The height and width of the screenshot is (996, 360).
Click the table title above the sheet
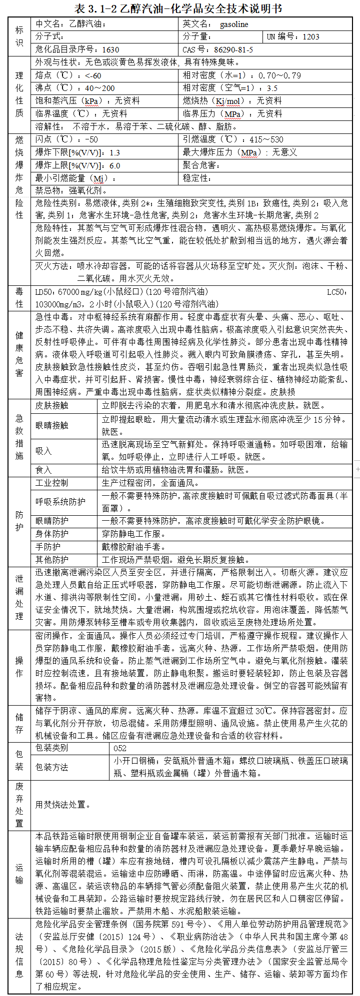pyautogui.click(x=178, y=8)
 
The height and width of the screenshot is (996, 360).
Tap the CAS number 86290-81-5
pyautogui.click(x=233, y=49)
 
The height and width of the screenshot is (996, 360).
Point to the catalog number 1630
pyautogui.click(x=110, y=49)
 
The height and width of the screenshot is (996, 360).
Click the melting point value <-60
pyautogui.click(x=93, y=75)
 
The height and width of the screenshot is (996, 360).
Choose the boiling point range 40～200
pyautogui.click(x=100, y=88)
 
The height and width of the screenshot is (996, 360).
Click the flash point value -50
pyautogui.click(x=91, y=139)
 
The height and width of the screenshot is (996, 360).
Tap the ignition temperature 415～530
pyautogui.click(x=266, y=139)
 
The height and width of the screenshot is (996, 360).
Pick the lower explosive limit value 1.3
pyautogui.click(x=114, y=152)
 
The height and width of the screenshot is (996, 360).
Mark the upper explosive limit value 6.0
pyautogui.click(x=114, y=165)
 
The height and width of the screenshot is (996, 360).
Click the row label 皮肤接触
pyautogui.click(x=52, y=405)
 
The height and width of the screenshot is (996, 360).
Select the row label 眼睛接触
pyautogui.click(x=52, y=425)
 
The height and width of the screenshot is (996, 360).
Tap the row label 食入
pyautogui.click(x=43, y=470)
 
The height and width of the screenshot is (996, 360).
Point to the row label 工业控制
pyautogui.click(x=52, y=483)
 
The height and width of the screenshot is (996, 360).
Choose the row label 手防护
pyautogui.click(x=48, y=547)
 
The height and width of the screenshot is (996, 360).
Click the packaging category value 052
pyautogui.click(x=120, y=748)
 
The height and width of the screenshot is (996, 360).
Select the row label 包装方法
pyautogui.click(x=52, y=767)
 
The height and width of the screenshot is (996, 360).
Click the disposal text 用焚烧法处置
pyautogui.click(x=63, y=805)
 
